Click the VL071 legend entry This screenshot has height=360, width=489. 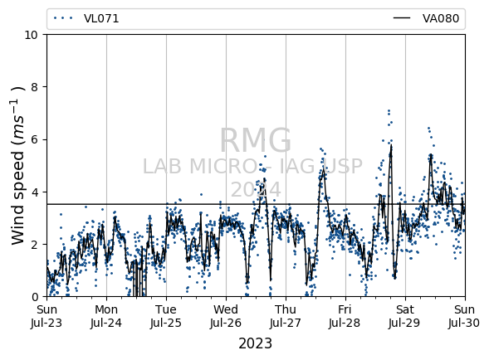click(86, 19)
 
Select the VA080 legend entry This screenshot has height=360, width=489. click(426, 19)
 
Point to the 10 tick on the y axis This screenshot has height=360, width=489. click(32, 35)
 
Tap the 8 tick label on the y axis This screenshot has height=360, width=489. click(35, 87)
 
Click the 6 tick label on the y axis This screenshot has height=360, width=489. click(35, 139)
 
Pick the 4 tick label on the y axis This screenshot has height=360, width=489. click(35, 192)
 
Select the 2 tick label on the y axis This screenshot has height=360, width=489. click(35, 245)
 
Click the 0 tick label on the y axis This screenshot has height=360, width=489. click(35, 297)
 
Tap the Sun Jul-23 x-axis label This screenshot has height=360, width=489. click(46, 316)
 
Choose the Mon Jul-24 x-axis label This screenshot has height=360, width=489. click(106, 316)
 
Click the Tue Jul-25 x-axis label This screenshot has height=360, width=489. click(166, 316)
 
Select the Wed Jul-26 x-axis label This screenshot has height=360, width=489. click(226, 316)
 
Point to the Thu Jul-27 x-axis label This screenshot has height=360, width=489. click(286, 316)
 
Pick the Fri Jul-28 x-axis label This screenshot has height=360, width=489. click(345, 316)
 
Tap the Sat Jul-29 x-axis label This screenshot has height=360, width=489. click(405, 316)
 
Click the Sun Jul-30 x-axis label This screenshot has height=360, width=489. click(465, 316)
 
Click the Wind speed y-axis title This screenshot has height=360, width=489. click(17, 166)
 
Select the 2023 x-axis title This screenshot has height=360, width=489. click(256, 343)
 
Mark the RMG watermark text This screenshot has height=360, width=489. click(256, 140)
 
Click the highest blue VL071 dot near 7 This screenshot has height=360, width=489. click(389, 110)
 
